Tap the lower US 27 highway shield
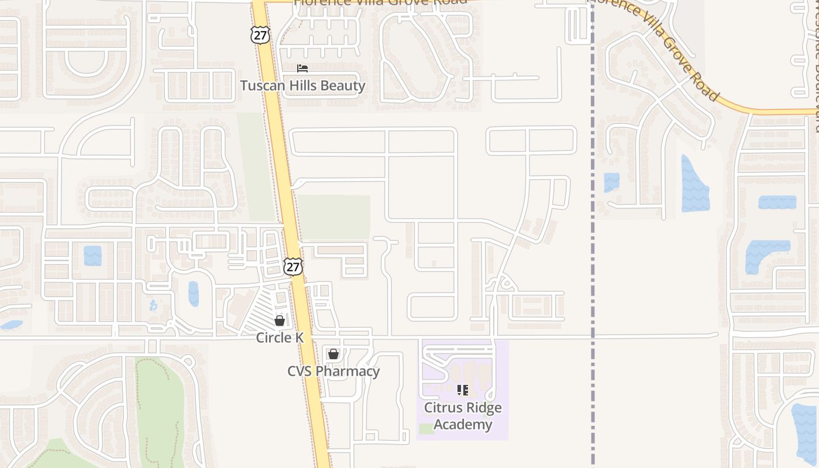293,267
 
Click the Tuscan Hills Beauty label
302,86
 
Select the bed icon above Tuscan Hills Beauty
302,69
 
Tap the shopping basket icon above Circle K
280,321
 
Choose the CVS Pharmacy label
333,371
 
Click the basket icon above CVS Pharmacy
333,354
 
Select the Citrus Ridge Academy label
463,416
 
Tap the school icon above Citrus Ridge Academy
463,390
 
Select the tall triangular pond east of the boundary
694,185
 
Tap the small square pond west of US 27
92,256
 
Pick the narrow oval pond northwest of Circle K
194,294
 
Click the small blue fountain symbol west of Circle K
153,305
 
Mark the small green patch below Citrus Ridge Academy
426,429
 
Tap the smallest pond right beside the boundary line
611,182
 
